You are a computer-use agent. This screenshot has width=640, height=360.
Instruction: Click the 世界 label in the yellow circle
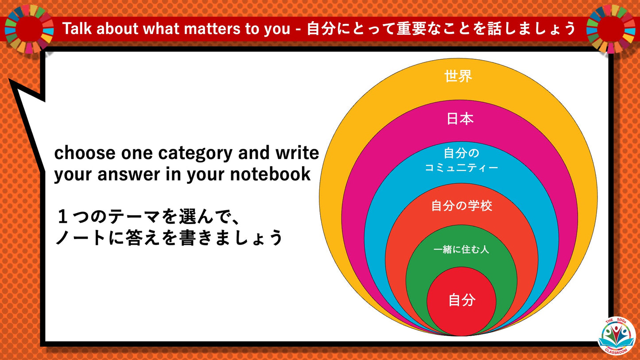pos(458,77)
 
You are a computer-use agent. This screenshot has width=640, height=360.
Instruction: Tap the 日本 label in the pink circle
pos(460,119)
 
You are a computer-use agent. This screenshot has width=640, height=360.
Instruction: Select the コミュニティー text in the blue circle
pos(462,168)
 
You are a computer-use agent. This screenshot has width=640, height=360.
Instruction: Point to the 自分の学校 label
pos(462,206)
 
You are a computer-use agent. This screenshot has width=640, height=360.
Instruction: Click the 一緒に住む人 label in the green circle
pos(461,250)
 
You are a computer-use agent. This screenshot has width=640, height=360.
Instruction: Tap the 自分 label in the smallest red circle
pos(462,300)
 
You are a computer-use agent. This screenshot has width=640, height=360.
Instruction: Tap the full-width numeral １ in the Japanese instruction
pos(62,217)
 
